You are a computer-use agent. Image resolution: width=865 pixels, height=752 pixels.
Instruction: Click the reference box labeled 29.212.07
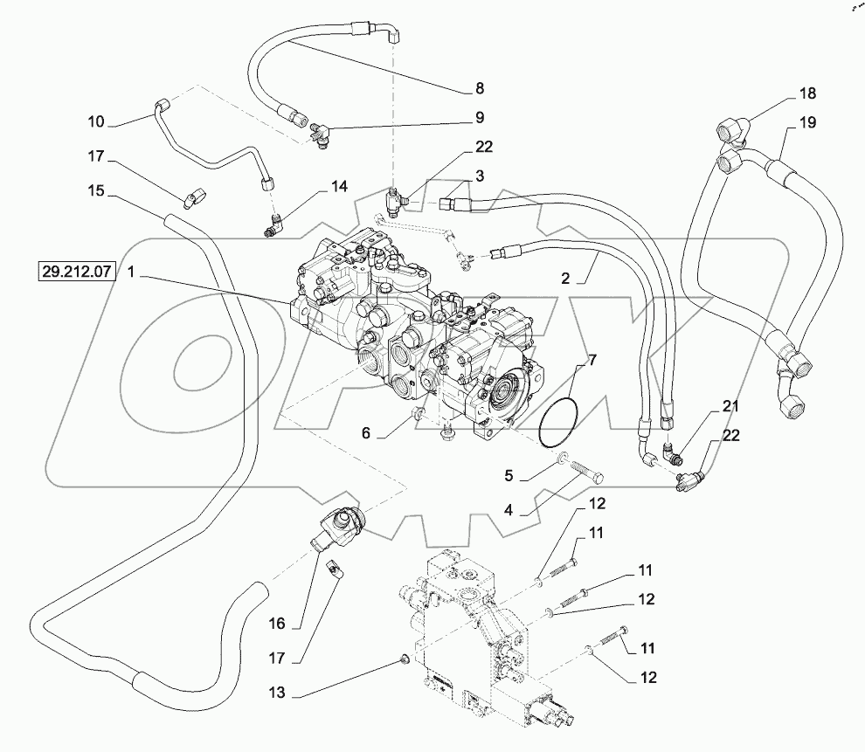tap(76, 271)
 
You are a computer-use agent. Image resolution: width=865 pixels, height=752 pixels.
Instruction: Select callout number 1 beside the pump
tap(131, 271)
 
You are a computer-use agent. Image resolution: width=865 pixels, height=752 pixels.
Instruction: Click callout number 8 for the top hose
tap(479, 87)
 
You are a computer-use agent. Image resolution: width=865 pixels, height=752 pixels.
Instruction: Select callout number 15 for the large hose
tap(96, 190)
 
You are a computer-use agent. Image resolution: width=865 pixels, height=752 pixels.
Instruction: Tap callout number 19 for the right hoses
tap(806, 122)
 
